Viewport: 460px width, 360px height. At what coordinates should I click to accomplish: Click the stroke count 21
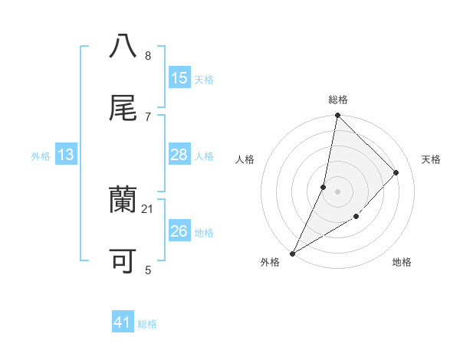point(148,208)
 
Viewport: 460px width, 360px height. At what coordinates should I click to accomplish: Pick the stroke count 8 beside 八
point(148,56)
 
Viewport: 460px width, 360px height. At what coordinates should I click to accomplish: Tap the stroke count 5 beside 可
point(148,270)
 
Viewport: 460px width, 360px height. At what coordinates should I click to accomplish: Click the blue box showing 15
point(179,78)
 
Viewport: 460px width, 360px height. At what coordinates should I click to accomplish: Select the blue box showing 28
point(179,155)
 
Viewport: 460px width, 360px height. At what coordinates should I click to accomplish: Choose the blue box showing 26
point(179,231)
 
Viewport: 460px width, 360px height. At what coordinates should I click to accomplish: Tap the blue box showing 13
point(65,155)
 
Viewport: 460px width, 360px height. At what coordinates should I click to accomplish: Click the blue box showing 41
point(123,323)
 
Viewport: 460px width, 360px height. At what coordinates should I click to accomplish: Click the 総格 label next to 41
point(148,324)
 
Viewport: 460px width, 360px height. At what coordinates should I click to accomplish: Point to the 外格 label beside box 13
point(41,156)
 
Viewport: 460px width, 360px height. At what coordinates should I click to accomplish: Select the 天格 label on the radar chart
point(432,159)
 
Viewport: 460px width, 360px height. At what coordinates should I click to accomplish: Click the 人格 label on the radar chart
point(245,159)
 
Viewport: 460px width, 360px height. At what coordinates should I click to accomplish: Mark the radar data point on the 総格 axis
point(337,115)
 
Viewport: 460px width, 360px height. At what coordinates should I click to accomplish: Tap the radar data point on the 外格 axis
point(292,253)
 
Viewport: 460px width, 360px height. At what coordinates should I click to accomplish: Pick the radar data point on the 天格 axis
point(396,172)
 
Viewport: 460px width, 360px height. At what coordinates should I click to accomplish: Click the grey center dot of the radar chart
point(337,191)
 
